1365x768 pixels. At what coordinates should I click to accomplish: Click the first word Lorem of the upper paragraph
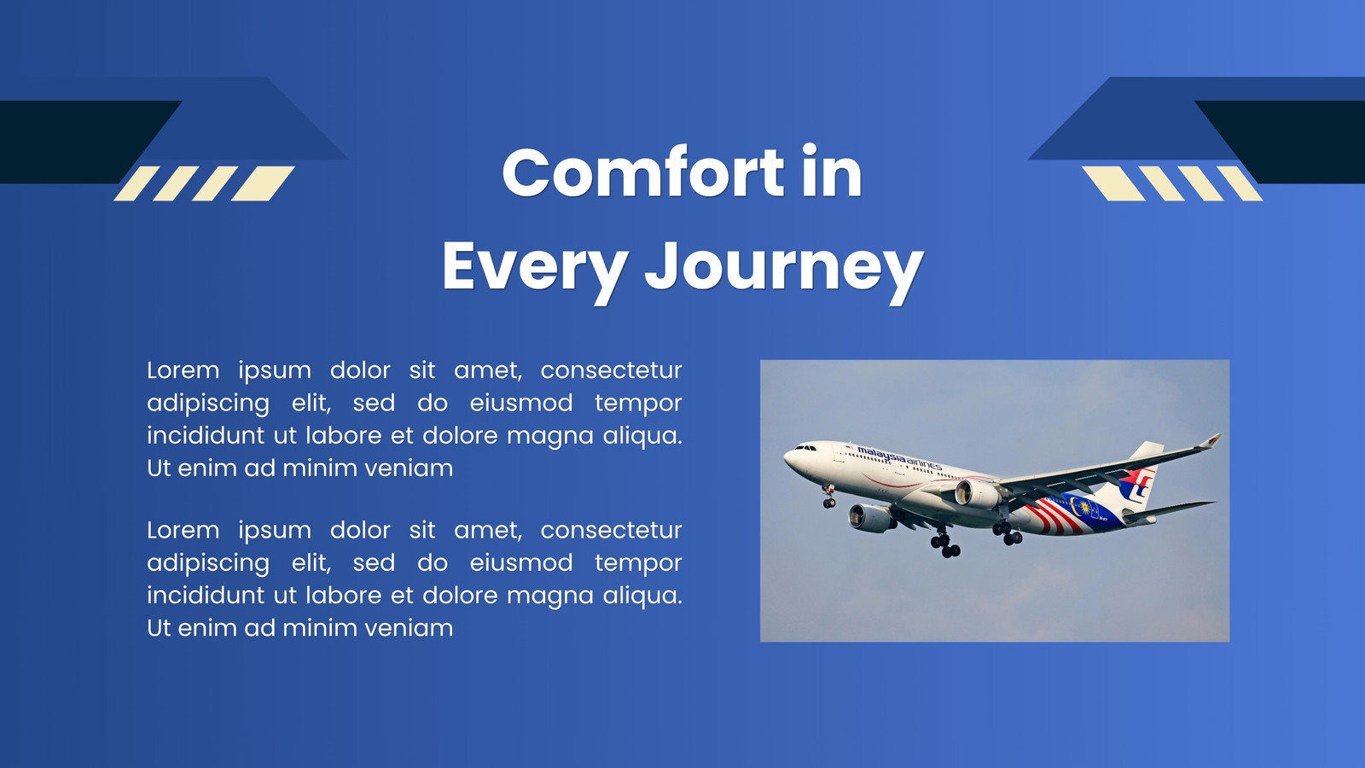click(183, 370)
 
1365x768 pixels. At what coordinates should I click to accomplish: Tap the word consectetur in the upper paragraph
click(611, 370)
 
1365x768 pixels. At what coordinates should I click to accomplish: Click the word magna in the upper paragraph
click(549, 437)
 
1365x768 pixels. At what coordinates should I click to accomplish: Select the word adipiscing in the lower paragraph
click(208, 563)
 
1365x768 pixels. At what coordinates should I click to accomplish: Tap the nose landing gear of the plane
click(828, 496)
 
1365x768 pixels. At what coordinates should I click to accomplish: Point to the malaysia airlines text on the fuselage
click(899, 457)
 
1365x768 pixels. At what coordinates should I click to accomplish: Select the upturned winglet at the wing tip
click(1211, 440)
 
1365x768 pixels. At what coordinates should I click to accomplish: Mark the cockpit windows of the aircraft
click(805, 448)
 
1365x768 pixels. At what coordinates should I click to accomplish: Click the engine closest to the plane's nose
click(871, 518)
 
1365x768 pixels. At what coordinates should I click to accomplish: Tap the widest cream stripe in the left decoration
click(263, 183)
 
